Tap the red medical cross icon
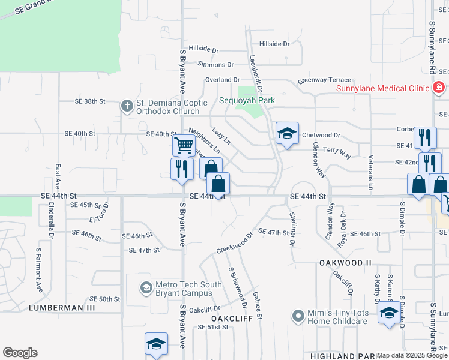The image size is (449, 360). (439, 88)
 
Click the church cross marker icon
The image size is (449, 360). (127, 106)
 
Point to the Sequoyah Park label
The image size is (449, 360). (247, 100)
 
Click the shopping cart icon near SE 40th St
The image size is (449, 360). (183, 145)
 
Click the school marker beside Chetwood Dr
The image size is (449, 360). (287, 134)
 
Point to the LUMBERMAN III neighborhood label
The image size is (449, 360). (62, 308)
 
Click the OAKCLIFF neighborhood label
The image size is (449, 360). (221, 317)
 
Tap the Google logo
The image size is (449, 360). (20, 353)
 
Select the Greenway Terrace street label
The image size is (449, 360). (324, 80)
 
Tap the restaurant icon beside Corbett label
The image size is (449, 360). (424, 137)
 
